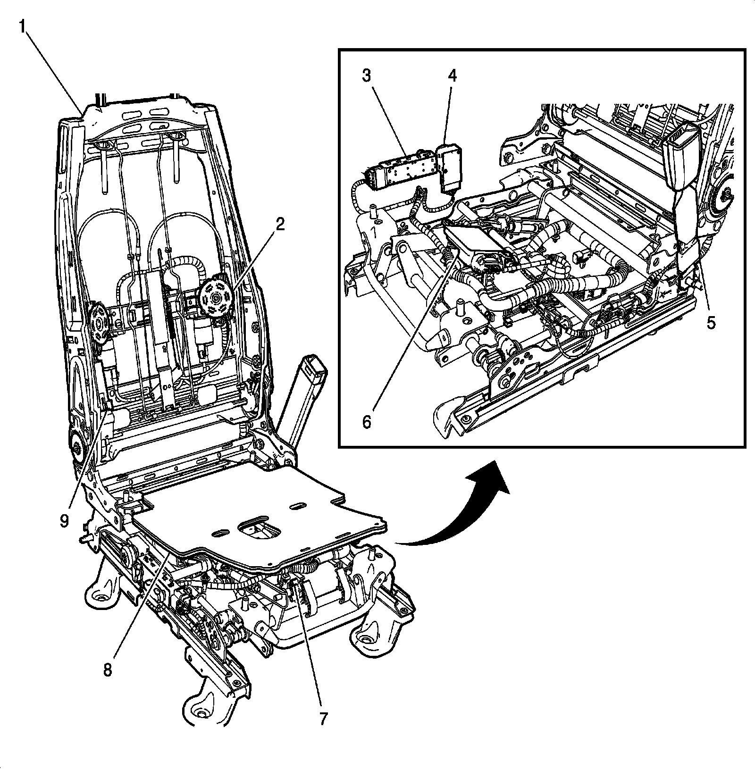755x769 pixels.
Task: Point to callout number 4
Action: pos(453,75)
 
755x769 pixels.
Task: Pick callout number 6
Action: pos(367,421)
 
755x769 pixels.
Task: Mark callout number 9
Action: pos(65,520)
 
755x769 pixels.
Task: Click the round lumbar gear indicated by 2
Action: pos(215,298)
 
